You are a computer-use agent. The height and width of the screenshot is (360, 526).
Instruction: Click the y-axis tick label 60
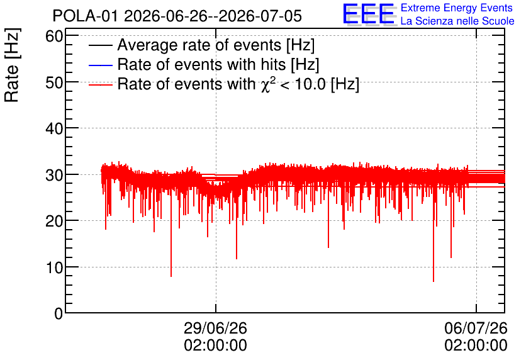click(54, 36)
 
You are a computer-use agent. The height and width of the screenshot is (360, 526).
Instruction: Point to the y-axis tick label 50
click(54, 82)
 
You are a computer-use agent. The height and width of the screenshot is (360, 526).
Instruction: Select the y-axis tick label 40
click(54, 128)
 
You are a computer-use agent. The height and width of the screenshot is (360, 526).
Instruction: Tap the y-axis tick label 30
click(54, 174)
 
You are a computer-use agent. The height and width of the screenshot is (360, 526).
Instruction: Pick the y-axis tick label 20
click(54, 221)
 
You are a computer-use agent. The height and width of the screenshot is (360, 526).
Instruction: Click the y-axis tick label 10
click(54, 267)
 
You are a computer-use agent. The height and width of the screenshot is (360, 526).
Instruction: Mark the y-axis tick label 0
click(59, 313)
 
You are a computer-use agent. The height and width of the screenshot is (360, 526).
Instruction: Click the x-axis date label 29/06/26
click(215, 328)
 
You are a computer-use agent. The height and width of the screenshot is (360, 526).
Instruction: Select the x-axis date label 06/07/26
click(476, 328)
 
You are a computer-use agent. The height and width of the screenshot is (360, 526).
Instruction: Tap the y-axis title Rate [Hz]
click(12, 65)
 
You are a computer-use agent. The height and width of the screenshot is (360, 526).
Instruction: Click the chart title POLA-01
click(86, 16)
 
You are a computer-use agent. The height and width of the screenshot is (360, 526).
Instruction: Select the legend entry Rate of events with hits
click(218, 64)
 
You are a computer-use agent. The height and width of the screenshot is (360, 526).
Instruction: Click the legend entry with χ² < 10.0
click(238, 84)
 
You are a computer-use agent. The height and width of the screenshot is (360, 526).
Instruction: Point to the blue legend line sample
click(100, 65)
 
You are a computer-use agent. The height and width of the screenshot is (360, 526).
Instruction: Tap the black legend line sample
click(100, 45)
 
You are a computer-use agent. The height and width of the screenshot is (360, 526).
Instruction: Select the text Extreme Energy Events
click(457, 8)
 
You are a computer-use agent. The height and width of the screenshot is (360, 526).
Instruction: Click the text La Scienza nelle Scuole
click(457, 21)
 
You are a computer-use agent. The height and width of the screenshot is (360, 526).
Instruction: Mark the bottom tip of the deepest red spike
click(434, 281)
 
